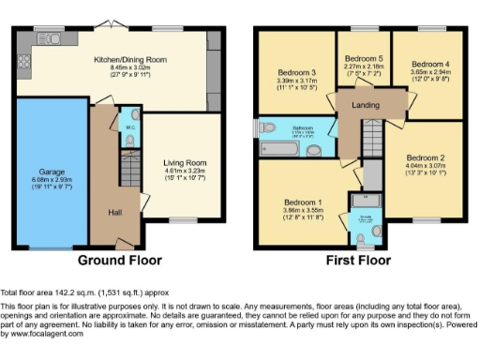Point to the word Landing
(x=365, y=105)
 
